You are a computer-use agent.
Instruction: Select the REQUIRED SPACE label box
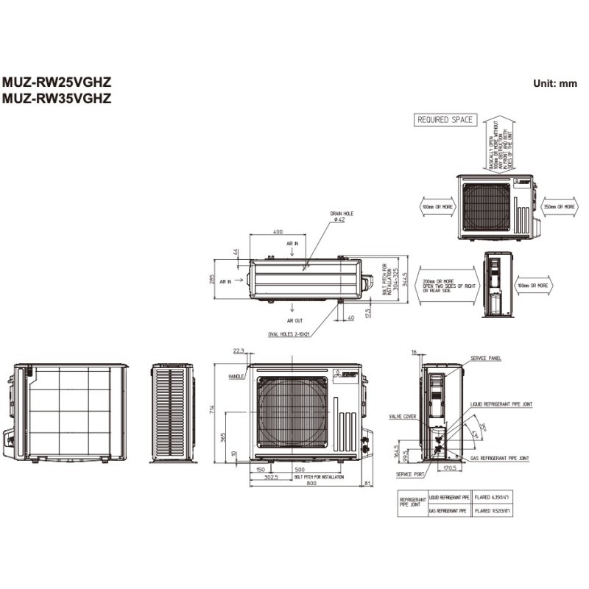click(x=445, y=119)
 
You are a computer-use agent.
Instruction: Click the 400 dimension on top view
click(x=278, y=232)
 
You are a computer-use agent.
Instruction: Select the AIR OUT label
click(x=296, y=321)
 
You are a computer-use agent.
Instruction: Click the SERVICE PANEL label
click(x=486, y=359)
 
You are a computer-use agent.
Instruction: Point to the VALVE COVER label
click(x=403, y=417)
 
